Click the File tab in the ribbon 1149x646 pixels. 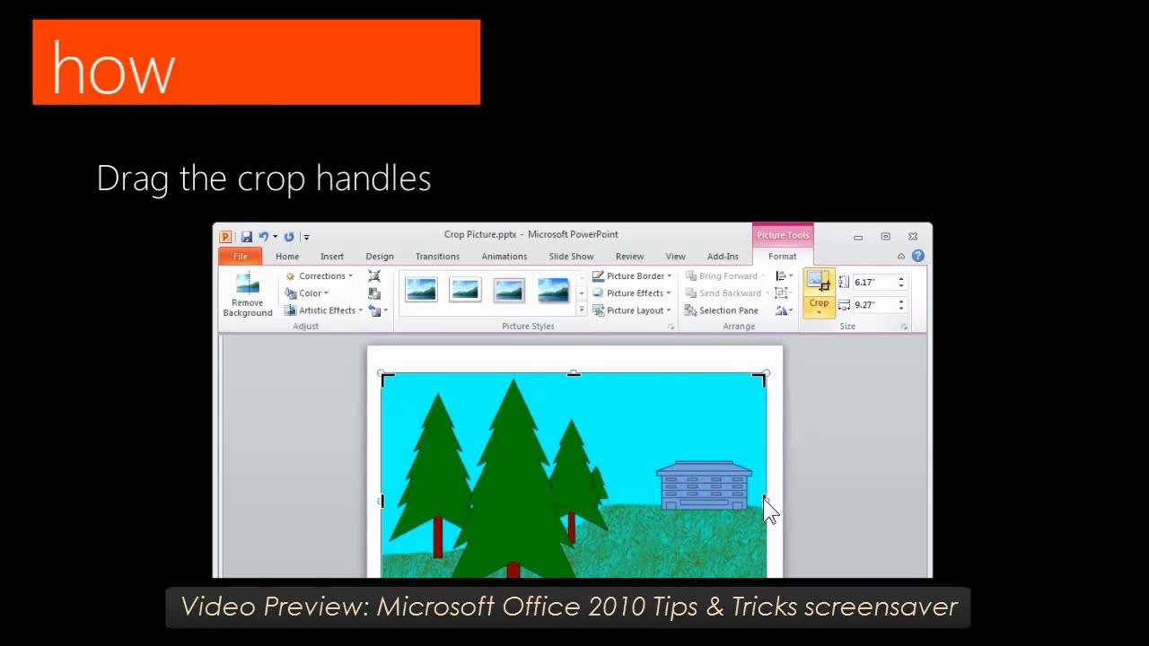pos(240,257)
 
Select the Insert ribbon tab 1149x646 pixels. pos(332,257)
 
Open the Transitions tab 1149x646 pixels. pos(437,257)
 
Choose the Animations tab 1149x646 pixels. pos(504,257)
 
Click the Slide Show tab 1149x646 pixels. pos(571,257)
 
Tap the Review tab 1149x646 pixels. pos(629,257)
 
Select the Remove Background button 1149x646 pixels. pos(247,295)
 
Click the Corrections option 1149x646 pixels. pos(320,276)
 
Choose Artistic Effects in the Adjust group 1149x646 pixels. pos(325,310)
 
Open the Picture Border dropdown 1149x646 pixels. pos(634,276)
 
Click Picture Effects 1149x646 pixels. pos(634,293)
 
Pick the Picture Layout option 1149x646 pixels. pos(634,310)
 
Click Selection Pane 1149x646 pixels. pos(727,310)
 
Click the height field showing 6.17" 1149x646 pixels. pos(873,282)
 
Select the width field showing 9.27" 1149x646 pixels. pos(873,305)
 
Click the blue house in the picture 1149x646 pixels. pos(704,486)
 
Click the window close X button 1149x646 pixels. pos(912,236)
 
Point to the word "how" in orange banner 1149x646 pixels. pos(112,69)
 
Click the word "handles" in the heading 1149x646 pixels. pos(373,179)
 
